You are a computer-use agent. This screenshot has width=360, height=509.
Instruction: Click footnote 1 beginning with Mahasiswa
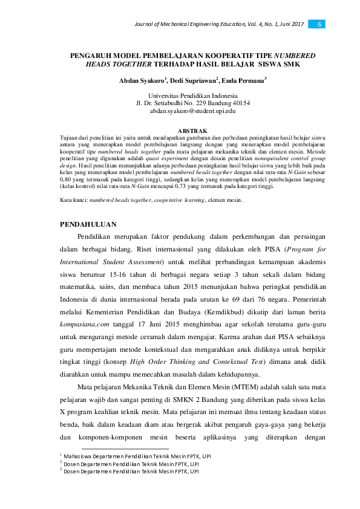click(x=131, y=455)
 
